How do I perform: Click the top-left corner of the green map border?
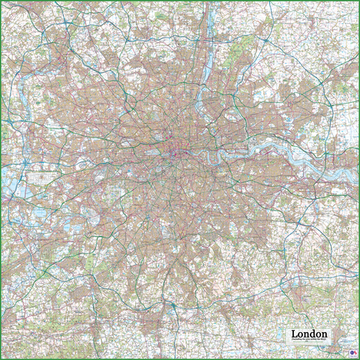pos(1,1)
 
